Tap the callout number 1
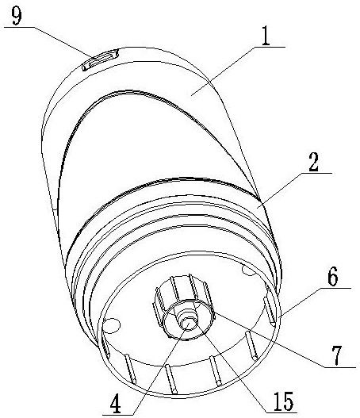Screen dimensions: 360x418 (265, 36)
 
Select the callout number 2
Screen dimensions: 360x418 (313, 163)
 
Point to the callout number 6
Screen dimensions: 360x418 (333, 276)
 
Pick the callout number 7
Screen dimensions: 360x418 (337, 355)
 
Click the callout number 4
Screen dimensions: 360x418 (116, 405)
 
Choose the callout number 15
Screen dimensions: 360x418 (284, 401)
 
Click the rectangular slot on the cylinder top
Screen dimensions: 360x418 (100, 60)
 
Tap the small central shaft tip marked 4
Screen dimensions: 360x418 (187, 324)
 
